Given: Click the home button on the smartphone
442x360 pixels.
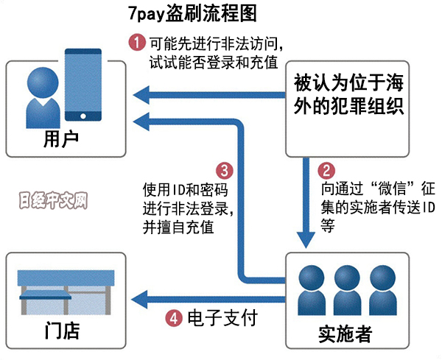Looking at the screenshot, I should pyautogui.click(x=83, y=115).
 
